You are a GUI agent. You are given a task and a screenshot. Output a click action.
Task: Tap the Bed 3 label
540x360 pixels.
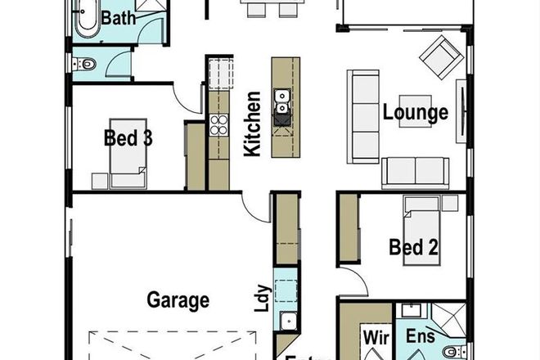click(128, 137)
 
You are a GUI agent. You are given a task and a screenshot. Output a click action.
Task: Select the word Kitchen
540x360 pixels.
click(253, 125)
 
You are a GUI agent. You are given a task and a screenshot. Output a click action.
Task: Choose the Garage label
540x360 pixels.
click(178, 299)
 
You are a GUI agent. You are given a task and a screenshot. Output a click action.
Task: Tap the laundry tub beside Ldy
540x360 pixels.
click(288, 321)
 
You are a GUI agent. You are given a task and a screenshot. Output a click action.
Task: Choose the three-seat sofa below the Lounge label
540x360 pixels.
click(414, 172)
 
